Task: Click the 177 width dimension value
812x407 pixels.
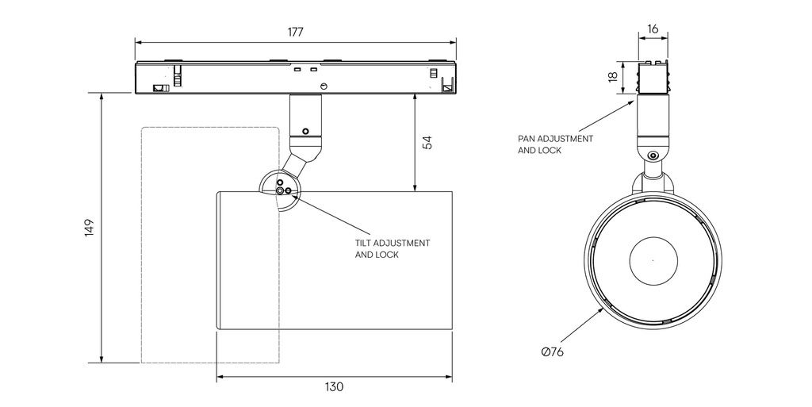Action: coord(295,32)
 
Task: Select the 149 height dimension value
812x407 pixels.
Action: coord(90,228)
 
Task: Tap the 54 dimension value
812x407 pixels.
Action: coord(427,143)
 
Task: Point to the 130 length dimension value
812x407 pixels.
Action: coord(334,387)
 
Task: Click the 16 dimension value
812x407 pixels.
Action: coord(653,29)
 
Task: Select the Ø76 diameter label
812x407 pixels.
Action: coord(552,351)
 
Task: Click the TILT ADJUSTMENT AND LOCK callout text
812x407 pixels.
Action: coord(392,248)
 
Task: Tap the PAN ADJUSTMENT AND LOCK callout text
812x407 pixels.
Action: coord(555,144)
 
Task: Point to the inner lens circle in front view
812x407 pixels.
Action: coord(653,259)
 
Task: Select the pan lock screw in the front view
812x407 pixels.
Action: coord(653,156)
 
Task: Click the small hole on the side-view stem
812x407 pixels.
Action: coord(304,131)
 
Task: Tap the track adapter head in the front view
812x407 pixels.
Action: coord(653,77)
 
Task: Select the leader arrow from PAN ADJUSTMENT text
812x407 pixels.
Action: coord(607,116)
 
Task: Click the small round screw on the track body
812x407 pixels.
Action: coord(324,85)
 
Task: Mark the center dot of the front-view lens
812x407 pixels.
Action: coord(653,259)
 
